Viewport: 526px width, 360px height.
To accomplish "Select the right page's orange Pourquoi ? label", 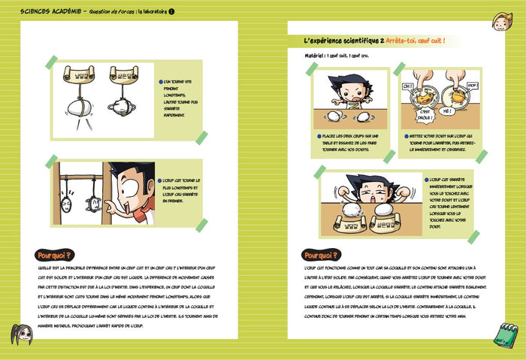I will click(x=320, y=255).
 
